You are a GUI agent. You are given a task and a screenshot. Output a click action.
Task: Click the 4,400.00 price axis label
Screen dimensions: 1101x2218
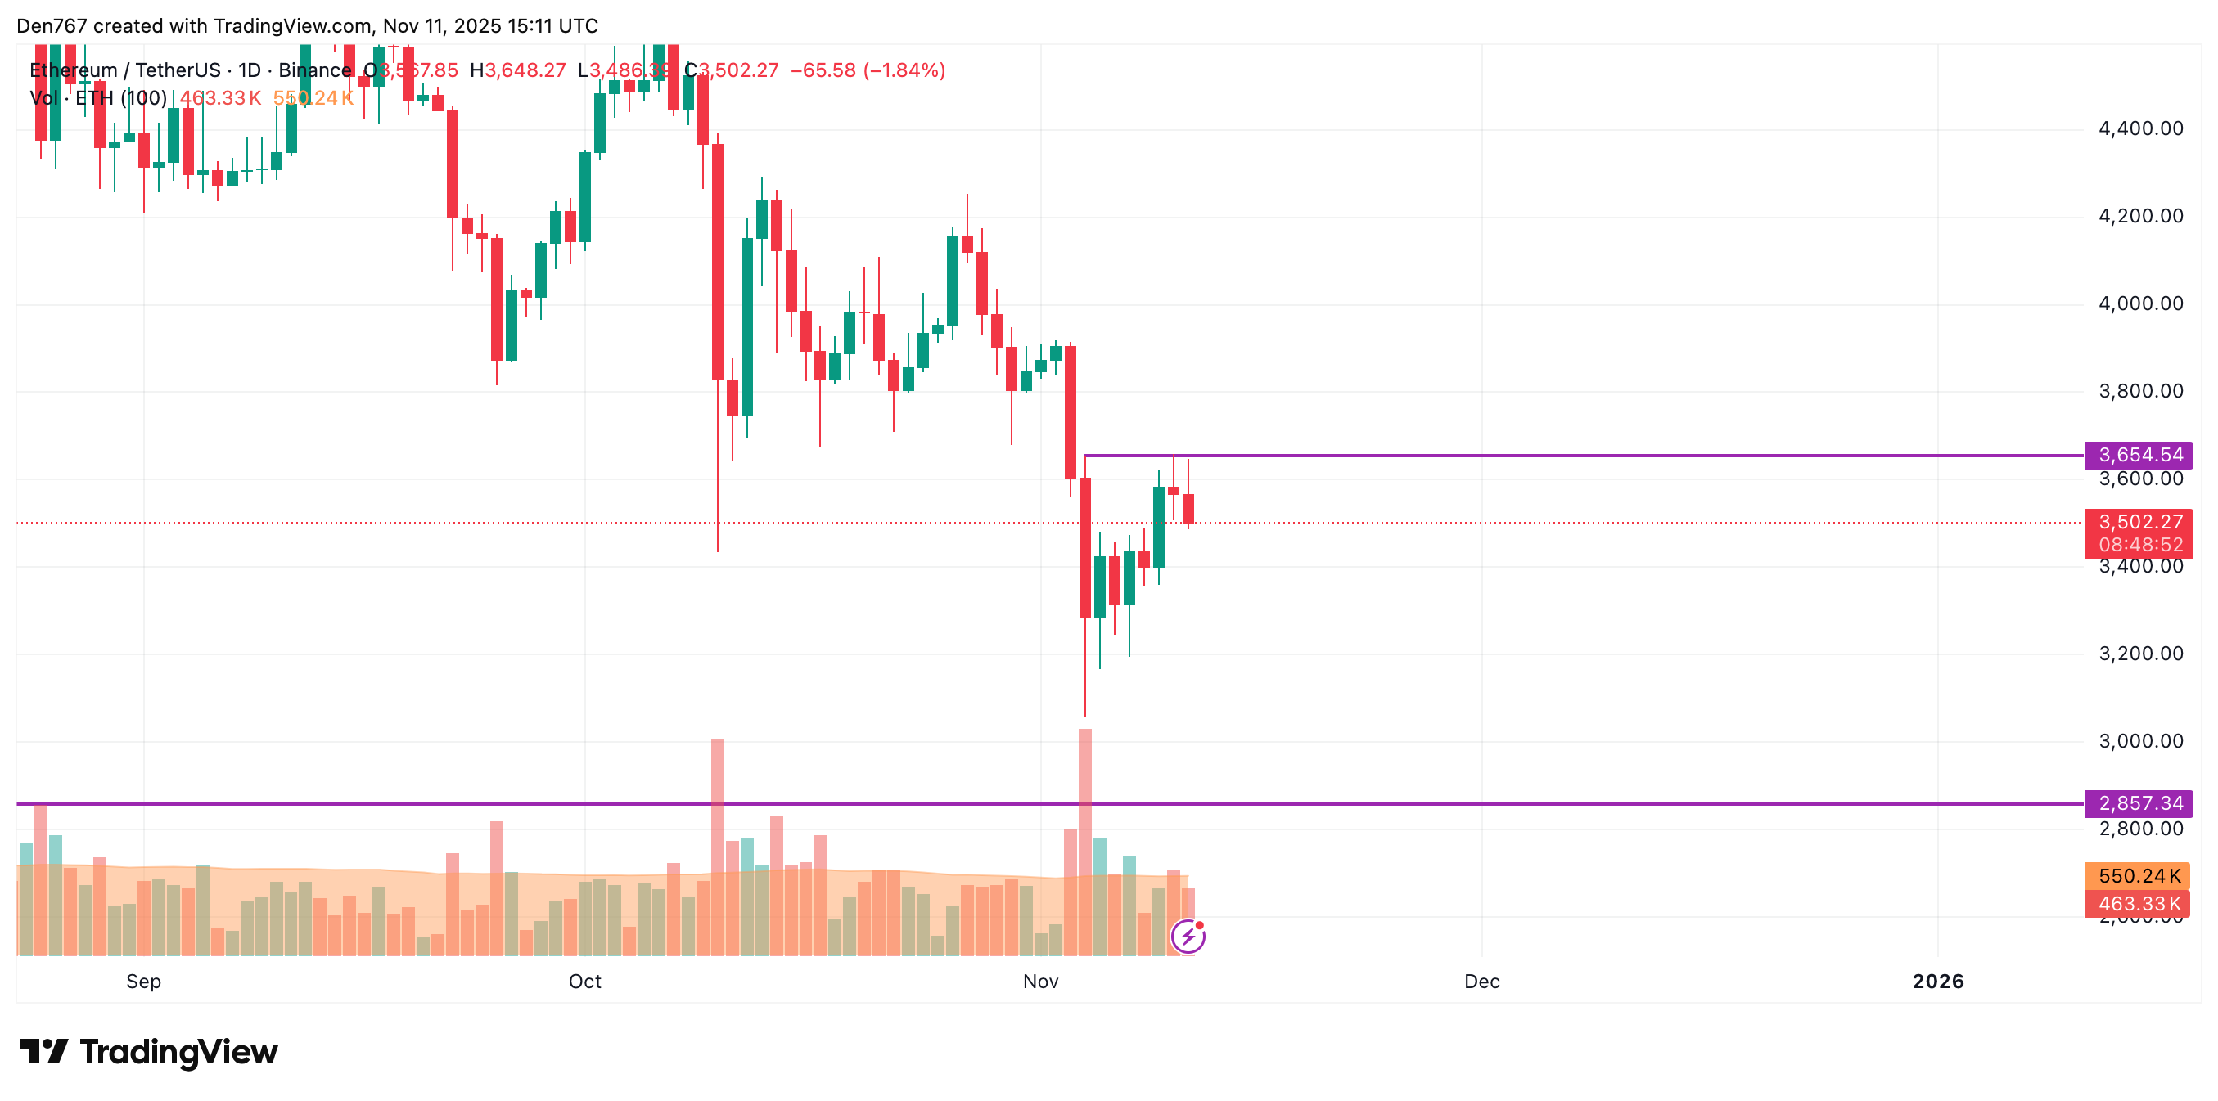tap(2139, 129)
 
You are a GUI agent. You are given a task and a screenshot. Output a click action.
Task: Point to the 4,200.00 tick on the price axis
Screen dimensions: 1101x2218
tap(2139, 216)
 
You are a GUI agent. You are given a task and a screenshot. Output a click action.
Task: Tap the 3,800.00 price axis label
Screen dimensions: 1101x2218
tap(2139, 392)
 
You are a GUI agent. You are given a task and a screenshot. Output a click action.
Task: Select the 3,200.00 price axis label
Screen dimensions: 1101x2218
tap(2139, 654)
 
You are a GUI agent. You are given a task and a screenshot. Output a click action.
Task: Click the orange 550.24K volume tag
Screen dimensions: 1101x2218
tap(2137, 875)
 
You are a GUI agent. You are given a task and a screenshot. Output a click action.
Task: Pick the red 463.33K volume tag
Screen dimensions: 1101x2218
tap(2137, 904)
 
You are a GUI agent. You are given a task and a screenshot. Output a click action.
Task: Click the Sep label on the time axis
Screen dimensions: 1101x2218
tap(144, 982)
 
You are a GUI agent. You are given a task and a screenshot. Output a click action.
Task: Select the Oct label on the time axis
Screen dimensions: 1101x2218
tap(584, 982)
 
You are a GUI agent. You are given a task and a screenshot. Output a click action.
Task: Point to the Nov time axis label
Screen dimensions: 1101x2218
tap(1040, 982)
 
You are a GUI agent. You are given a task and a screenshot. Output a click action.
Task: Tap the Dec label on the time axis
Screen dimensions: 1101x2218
tap(1482, 982)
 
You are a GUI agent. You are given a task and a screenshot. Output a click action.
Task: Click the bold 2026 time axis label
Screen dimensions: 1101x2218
tap(1937, 982)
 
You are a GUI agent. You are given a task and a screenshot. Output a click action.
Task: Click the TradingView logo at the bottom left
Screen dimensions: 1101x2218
tap(148, 1052)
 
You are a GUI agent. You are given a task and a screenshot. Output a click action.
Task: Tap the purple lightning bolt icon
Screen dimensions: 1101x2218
tap(1188, 937)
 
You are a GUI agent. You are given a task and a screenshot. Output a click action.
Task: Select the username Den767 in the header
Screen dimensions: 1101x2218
tap(52, 26)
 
